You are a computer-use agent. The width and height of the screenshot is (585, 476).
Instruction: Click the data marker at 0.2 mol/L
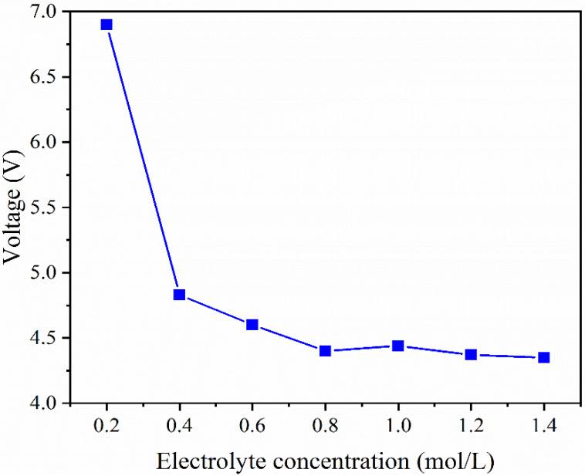[107, 25]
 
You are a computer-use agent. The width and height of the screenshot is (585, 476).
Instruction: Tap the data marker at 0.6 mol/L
[252, 325]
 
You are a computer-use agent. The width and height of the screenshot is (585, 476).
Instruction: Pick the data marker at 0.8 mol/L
[325, 351]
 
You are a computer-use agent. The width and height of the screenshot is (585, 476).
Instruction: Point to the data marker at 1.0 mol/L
[397, 346]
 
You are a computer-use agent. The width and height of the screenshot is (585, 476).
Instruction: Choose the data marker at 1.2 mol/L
[471, 355]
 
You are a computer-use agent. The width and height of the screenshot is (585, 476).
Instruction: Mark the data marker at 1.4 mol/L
[543, 357]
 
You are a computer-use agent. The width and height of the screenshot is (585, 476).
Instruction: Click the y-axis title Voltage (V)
[14, 208]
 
